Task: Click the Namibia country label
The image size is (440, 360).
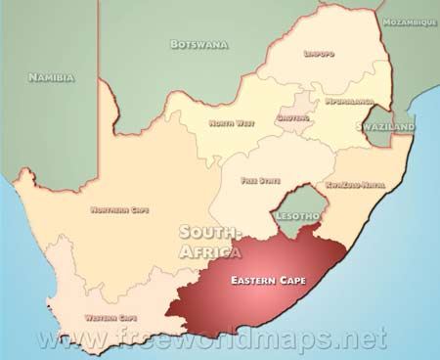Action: point(50,76)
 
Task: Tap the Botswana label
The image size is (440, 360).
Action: point(199,44)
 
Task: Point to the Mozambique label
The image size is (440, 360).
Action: point(410,22)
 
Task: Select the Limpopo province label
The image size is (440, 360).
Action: point(320,54)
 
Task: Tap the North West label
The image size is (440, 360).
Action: point(232,123)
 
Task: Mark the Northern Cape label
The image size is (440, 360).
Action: point(119,209)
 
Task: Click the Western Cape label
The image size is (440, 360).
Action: point(110,317)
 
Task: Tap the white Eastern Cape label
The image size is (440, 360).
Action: point(267,281)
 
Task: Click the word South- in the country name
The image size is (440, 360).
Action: point(208,233)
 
